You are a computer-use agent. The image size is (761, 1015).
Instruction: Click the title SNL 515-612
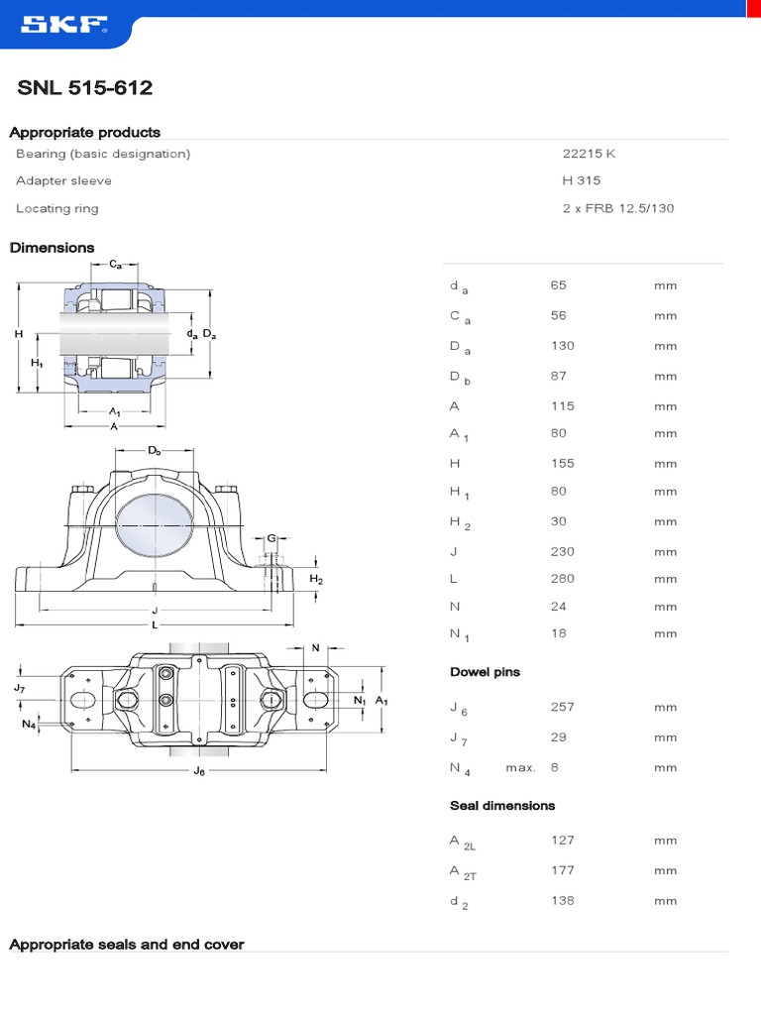[x=85, y=88]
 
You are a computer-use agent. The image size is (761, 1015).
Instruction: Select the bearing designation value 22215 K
[x=589, y=154]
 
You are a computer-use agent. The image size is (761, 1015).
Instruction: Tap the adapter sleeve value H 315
[x=581, y=180]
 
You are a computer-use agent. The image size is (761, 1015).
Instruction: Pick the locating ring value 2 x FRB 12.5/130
[x=617, y=208]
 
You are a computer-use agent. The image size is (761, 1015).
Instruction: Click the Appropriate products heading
[x=84, y=132]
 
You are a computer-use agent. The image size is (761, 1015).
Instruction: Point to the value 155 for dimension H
[x=562, y=463]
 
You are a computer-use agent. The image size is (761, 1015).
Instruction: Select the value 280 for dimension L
[x=562, y=578]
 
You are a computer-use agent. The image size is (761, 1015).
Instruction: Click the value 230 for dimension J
[x=562, y=551]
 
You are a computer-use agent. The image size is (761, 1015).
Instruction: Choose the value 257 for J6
[x=562, y=707]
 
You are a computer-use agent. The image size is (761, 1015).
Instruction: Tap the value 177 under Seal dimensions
[x=562, y=870]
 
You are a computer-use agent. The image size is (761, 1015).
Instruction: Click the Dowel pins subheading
[x=485, y=672]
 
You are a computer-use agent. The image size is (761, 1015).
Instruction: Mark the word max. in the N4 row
[x=520, y=767]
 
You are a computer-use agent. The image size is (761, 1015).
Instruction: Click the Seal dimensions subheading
[x=502, y=806]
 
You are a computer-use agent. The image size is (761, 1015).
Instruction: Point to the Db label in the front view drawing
[x=155, y=451]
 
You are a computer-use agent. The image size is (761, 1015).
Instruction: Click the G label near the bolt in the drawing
[x=271, y=538]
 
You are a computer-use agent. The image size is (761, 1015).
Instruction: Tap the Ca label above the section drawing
[x=116, y=264]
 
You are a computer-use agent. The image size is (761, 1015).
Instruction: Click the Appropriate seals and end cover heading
[x=126, y=945]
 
